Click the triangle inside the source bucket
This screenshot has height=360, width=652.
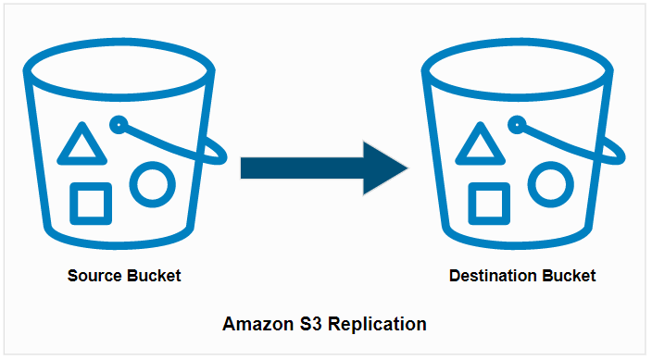pyautogui.click(x=79, y=146)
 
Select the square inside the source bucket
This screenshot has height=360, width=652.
pyautogui.click(x=91, y=204)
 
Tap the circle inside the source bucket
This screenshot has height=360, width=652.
pyautogui.click(x=150, y=183)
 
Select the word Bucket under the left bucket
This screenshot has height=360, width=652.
pyautogui.click(x=154, y=276)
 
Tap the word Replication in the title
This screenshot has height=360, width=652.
pyautogui.click(x=378, y=325)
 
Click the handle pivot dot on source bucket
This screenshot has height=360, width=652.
pyautogui.click(x=118, y=122)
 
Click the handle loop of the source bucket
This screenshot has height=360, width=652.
pyautogui.click(x=219, y=154)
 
